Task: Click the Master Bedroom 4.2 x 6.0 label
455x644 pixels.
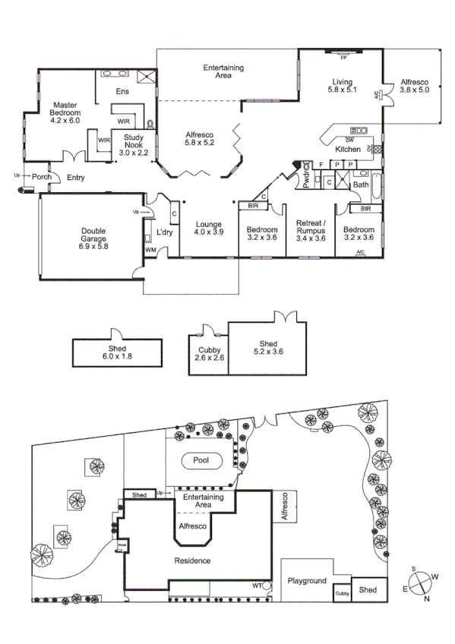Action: point(65,112)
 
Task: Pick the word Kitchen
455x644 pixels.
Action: point(348,150)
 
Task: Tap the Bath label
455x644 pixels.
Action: point(360,185)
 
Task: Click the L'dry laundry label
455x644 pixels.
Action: point(165,232)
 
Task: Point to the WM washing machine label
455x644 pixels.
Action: point(150,250)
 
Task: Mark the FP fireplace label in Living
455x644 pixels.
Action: point(343,57)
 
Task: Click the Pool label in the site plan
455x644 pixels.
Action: point(202,460)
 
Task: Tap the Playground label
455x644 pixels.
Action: point(307,581)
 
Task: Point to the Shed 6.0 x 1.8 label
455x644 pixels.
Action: point(117,352)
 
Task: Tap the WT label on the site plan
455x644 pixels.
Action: point(258,586)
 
